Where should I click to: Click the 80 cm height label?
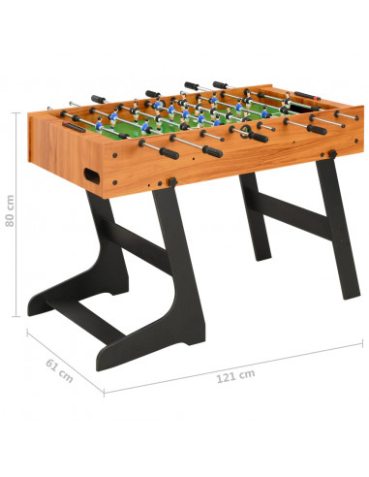pyautogui.click(x=10, y=210)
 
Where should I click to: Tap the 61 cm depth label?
pyautogui.click(x=59, y=370)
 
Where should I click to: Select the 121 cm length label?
pyautogui.click(x=235, y=376)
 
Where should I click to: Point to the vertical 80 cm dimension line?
pyautogui.click(x=16, y=214)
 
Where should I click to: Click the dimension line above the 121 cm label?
pyautogui.click(x=233, y=368)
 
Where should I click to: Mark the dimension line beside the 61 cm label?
pyautogui.click(x=65, y=362)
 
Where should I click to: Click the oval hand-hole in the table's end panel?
pyautogui.click(x=92, y=175)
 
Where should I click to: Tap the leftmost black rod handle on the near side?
pyautogui.click(x=169, y=153)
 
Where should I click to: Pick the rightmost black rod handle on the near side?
pyautogui.click(x=317, y=130)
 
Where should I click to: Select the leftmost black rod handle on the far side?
pyautogui.click(x=99, y=99)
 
